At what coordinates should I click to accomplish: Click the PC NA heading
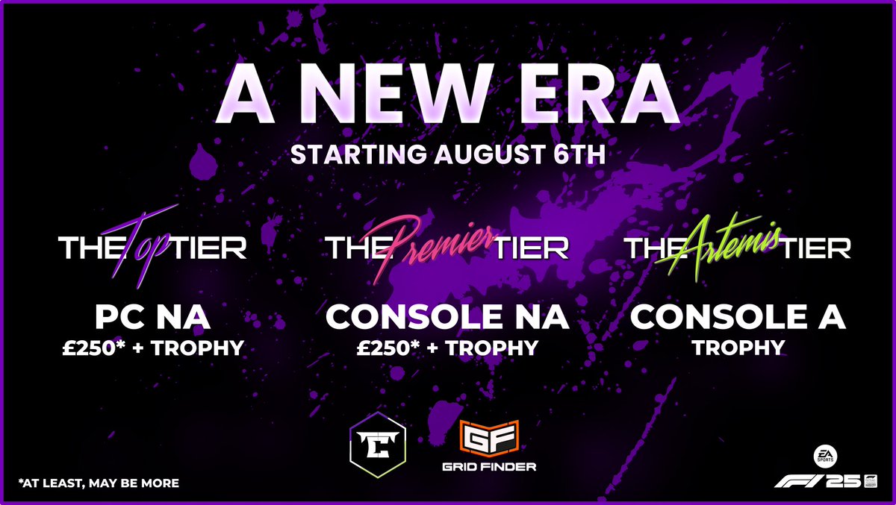[152, 316]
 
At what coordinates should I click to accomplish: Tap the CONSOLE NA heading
[447, 316]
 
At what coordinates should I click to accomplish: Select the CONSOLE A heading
[738, 316]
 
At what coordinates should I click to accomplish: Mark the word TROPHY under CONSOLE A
[738, 348]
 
